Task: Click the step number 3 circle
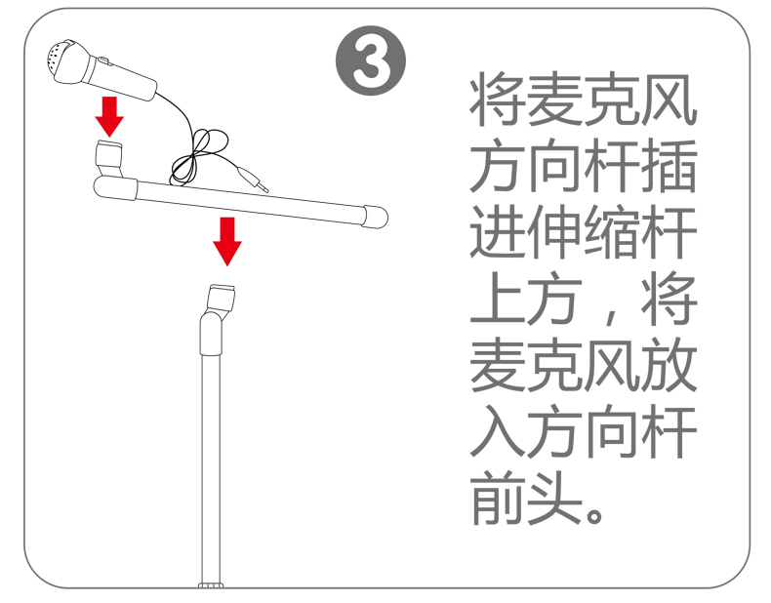pyautogui.click(x=371, y=60)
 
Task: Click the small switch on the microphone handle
pyautogui.click(x=103, y=60)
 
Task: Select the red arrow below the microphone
pyautogui.click(x=109, y=116)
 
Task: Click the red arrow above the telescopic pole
pyautogui.click(x=227, y=242)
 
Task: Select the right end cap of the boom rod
pyautogui.click(x=375, y=217)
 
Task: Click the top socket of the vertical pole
pyautogui.click(x=222, y=297)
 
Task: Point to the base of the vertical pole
pyautogui.click(x=211, y=585)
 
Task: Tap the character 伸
pyautogui.click(x=555, y=232)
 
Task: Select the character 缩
pyautogui.click(x=612, y=232)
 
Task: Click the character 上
pyautogui.click(x=498, y=300)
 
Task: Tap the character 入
pyautogui.click(x=498, y=432)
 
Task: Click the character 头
pyautogui.click(x=555, y=500)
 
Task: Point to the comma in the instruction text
pyautogui.click(x=611, y=314)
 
